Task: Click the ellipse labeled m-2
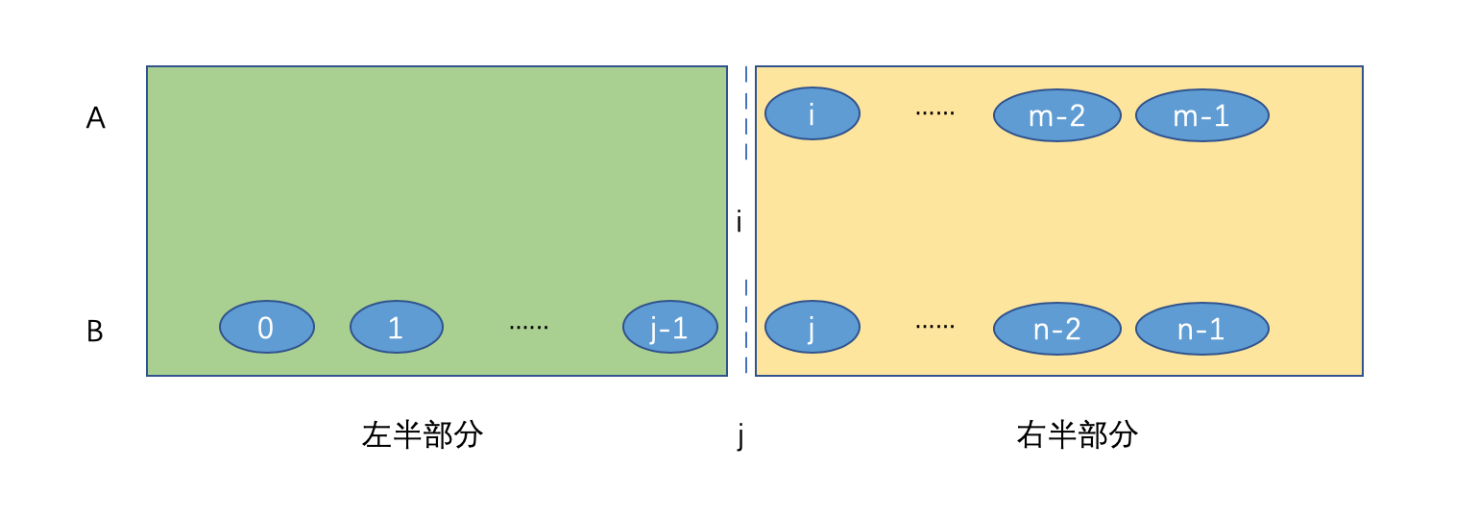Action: click(x=1056, y=115)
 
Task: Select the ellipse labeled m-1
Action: click(x=1201, y=115)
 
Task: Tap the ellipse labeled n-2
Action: click(x=1056, y=329)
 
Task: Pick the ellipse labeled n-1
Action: click(x=1201, y=329)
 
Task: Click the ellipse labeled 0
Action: click(x=266, y=327)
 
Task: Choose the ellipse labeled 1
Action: click(x=396, y=327)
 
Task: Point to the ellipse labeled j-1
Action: click(x=669, y=327)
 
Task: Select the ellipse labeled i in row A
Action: click(x=812, y=113)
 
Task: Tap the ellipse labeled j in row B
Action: click(x=812, y=327)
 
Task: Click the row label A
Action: click(x=95, y=118)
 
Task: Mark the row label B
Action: click(x=95, y=332)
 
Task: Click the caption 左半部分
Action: click(x=423, y=434)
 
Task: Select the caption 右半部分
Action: click(x=1077, y=434)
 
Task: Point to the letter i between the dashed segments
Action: click(x=739, y=223)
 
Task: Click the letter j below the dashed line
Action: click(x=740, y=436)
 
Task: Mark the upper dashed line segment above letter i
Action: click(x=746, y=113)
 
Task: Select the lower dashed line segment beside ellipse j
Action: click(x=746, y=327)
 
